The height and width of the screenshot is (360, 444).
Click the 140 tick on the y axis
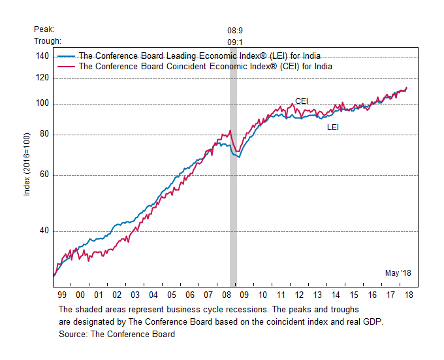click(x=41, y=57)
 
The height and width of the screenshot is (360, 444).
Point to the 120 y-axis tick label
click(x=41, y=78)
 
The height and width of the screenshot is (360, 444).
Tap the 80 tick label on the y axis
click(x=43, y=135)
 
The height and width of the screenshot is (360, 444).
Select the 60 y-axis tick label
click(x=43, y=175)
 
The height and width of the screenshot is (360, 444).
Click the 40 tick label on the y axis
click(x=43, y=231)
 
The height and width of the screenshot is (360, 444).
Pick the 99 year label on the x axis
click(x=61, y=295)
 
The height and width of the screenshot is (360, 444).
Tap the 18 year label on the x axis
click(x=408, y=295)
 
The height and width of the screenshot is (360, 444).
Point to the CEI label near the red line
click(x=302, y=101)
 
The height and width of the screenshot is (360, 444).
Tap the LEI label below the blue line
click(x=333, y=127)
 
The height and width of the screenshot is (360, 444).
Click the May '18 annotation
click(x=398, y=272)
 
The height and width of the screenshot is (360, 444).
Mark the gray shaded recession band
click(x=233, y=196)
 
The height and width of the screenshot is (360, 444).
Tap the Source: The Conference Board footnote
click(x=117, y=335)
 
